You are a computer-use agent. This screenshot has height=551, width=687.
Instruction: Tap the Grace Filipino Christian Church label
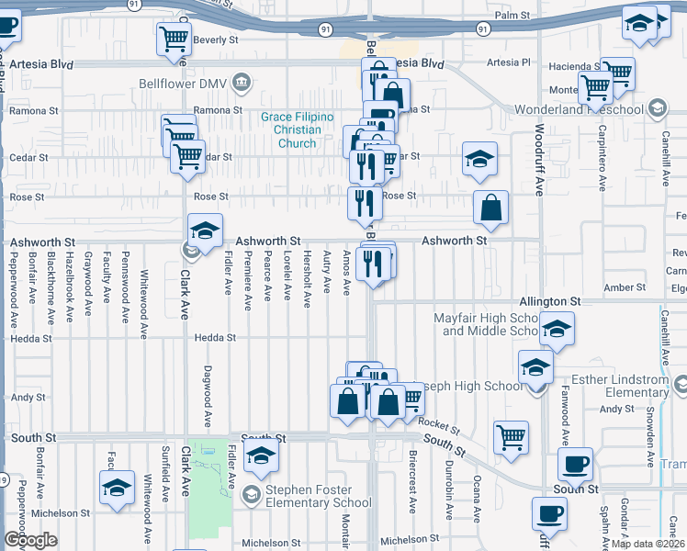[298, 129]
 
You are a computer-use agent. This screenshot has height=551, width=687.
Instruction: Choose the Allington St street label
[550, 300]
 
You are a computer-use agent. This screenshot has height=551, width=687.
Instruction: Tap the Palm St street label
[513, 16]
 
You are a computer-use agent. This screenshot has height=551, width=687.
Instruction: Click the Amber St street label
[625, 287]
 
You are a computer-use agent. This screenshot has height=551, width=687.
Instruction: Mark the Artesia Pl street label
[510, 62]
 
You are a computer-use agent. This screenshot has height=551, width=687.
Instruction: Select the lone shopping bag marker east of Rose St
[491, 208]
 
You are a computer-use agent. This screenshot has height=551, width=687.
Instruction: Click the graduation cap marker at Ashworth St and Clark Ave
[205, 230]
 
